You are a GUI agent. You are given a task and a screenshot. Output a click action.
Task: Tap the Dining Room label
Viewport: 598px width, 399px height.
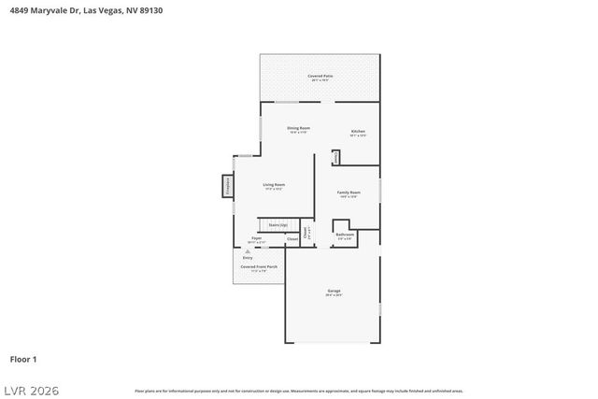pyautogui.click(x=298, y=129)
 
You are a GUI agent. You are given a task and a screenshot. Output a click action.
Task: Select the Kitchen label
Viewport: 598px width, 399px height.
pyautogui.click(x=358, y=133)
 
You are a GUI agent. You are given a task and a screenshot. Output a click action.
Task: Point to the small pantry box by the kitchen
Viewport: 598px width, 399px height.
pyautogui.click(x=336, y=158)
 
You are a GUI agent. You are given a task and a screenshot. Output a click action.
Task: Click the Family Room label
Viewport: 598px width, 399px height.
pyautogui.click(x=349, y=193)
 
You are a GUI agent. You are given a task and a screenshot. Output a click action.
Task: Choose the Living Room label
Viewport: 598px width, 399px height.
pyautogui.click(x=273, y=186)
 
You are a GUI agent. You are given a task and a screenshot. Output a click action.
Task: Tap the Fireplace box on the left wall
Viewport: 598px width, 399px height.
pyautogui.click(x=227, y=186)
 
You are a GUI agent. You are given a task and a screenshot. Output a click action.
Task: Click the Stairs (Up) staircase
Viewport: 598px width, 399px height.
pyautogui.click(x=278, y=225)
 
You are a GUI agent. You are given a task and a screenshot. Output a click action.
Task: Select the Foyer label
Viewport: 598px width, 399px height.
pyautogui.click(x=256, y=240)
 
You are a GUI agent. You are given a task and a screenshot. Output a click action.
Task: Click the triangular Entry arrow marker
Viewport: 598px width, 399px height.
pyautogui.click(x=248, y=251)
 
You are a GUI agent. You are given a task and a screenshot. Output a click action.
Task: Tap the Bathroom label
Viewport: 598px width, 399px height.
pyautogui.click(x=345, y=235)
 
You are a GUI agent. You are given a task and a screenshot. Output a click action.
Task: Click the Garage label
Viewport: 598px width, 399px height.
pyautogui.click(x=334, y=292)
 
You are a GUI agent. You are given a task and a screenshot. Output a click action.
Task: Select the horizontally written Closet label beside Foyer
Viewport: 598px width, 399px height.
pyautogui.click(x=292, y=239)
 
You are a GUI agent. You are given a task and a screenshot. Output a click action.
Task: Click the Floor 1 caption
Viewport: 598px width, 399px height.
pyautogui.click(x=22, y=358)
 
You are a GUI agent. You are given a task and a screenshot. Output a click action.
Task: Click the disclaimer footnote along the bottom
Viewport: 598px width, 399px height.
pyautogui.click(x=298, y=391)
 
